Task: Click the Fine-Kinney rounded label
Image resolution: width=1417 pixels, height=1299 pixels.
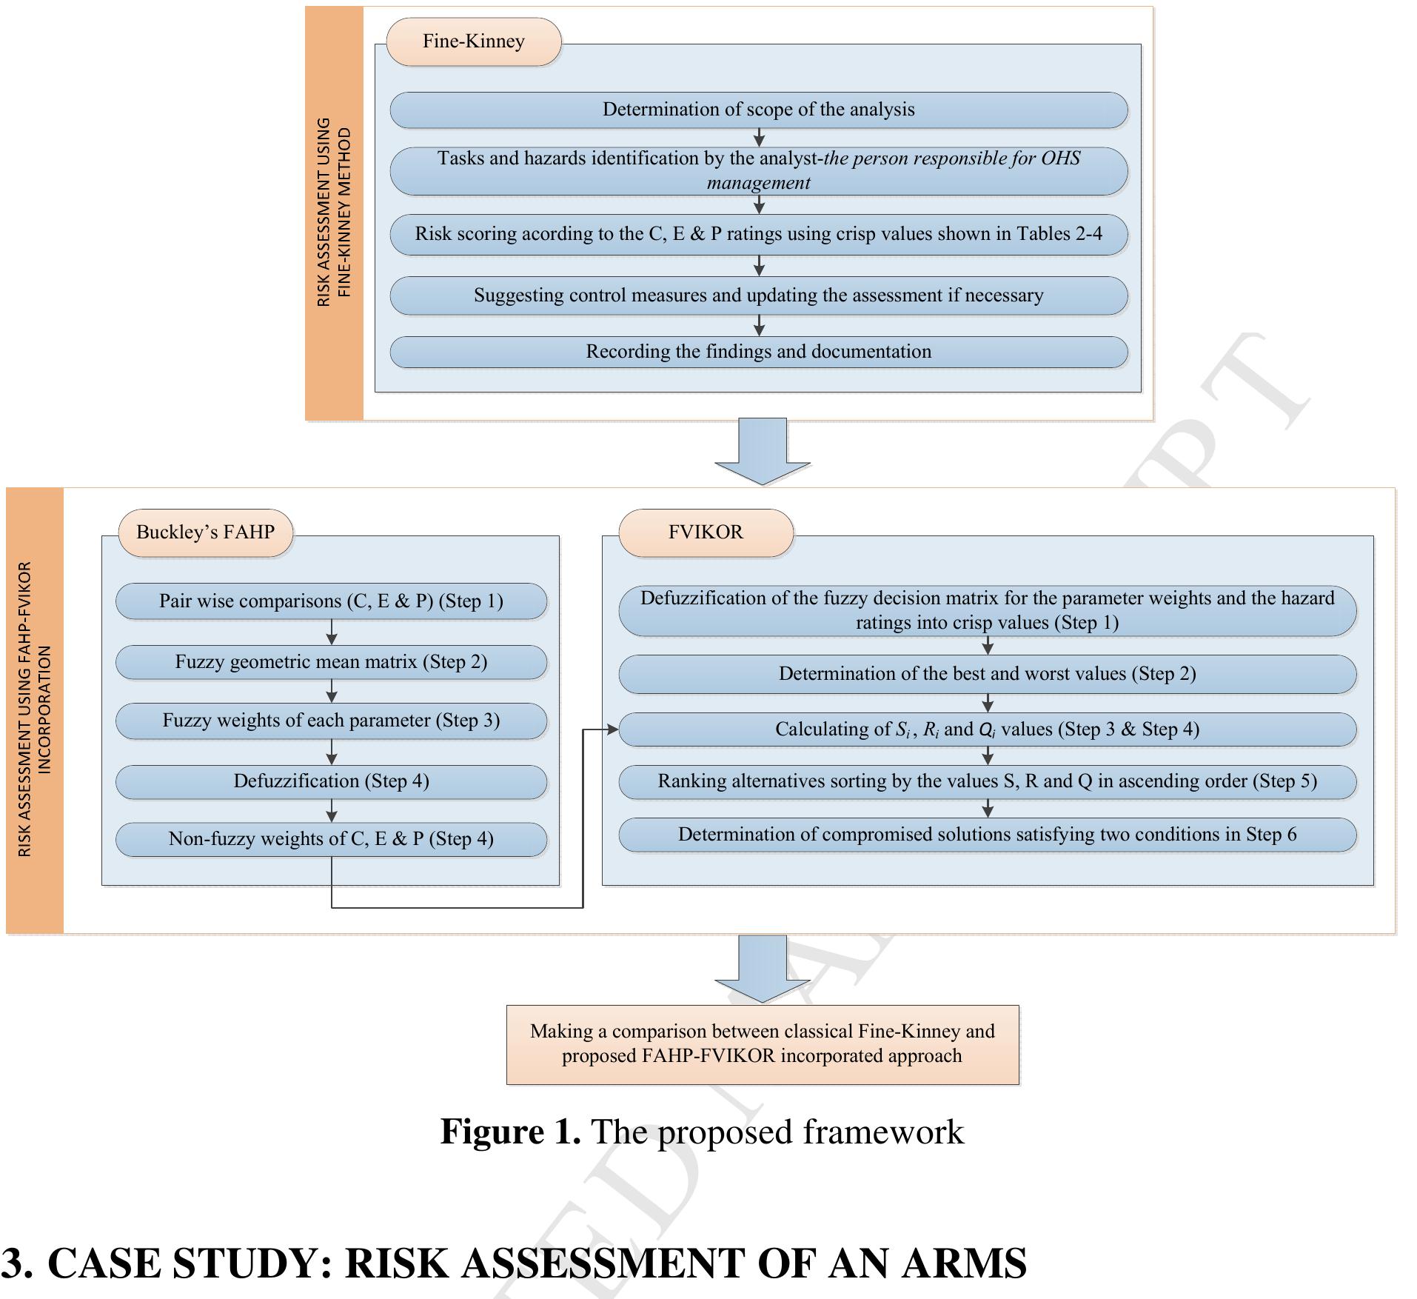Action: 473,41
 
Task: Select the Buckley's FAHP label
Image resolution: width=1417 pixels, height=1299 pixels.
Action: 205,532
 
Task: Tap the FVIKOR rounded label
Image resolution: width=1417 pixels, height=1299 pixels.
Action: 706,532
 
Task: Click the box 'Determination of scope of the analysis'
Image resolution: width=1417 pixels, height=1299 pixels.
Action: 758,110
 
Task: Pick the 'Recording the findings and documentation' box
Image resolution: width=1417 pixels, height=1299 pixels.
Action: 758,352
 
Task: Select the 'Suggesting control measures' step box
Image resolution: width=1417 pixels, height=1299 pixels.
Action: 758,295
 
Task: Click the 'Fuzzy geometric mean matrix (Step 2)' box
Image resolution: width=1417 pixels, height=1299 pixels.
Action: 331,662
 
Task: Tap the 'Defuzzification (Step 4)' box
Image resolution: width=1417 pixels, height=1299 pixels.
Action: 331,781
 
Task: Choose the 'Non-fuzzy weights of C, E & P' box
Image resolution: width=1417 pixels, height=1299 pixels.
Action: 331,839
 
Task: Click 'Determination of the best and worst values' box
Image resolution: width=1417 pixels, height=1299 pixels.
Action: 987,674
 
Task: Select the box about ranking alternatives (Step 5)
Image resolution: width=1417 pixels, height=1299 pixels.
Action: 987,781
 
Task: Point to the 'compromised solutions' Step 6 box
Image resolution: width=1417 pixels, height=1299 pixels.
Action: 987,835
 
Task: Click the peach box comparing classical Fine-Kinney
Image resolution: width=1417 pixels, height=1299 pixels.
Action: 762,1044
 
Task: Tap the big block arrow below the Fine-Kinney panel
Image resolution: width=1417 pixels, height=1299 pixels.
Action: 762,452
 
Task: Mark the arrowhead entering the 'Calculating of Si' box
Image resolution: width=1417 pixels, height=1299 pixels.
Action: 612,730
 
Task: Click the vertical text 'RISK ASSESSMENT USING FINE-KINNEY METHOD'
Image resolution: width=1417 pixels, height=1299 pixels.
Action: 334,213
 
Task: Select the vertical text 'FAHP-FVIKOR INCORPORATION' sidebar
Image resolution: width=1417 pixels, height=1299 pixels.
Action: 35,709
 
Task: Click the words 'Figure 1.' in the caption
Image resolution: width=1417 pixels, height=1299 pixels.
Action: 510,1132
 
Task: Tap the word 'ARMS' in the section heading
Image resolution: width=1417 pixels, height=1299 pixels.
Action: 963,1263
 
